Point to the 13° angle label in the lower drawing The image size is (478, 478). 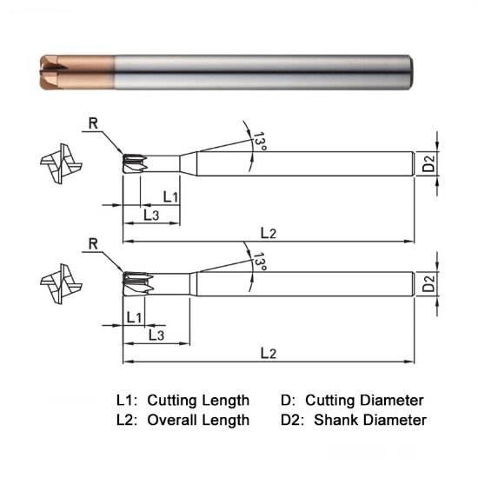[259, 259]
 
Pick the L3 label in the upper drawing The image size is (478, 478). [150, 215]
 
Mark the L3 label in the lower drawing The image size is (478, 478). [157, 335]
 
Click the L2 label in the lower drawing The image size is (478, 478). [269, 353]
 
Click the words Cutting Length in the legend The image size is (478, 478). [198, 401]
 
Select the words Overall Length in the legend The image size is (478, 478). [198, 420]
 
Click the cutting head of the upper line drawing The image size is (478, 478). [133, 163]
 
